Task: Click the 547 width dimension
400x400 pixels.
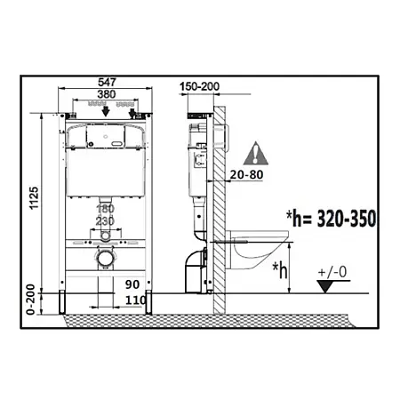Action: coord(107,82)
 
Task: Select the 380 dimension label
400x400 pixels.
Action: coord(107,94)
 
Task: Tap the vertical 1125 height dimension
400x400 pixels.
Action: coord(34,198)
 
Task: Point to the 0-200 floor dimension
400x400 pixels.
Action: coord(30,300)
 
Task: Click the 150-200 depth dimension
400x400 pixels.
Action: coord(199,86)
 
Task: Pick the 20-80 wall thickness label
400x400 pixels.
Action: coord(246,175)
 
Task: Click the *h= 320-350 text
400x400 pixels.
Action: coord(331,219)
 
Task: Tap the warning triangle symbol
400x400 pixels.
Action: coord(256,153)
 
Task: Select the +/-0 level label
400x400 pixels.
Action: coord(332,272)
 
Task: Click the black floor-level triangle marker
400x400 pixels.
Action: coord(325,286)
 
